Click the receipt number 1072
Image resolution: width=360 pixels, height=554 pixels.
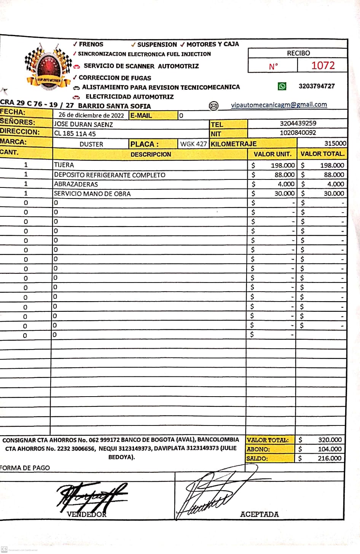click(323, 65)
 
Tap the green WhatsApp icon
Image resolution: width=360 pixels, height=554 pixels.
click(282, 86)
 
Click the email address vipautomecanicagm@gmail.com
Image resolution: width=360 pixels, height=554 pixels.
click(279, 105)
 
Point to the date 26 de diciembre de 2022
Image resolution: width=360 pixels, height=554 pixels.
click(91, 115)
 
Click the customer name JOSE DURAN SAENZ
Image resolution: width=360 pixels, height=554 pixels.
click(83, 124)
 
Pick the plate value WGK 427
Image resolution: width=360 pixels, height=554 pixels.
click(193, 144)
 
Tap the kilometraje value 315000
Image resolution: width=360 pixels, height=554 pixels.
click(335, 143)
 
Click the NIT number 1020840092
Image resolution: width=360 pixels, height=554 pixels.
click(298, 133)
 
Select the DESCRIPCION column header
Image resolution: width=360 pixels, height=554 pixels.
click(151, 154)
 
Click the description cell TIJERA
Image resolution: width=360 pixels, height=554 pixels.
click(64, 165)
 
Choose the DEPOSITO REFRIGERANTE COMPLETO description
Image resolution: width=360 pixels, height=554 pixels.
click(110, 175)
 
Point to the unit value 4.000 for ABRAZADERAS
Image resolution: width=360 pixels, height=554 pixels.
click(286, 184)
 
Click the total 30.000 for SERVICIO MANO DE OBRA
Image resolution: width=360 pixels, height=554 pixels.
click(333, 194)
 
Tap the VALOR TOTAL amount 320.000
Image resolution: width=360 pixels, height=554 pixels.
click(330, 440)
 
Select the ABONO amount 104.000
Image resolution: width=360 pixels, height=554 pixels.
click(330, 449)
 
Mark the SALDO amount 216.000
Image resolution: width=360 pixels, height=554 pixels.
click(330, 458)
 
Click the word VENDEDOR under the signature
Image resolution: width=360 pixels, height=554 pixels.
click(86, 514)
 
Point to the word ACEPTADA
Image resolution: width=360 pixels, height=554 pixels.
click(259, 514)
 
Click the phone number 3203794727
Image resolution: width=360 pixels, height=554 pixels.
click(317, 86)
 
